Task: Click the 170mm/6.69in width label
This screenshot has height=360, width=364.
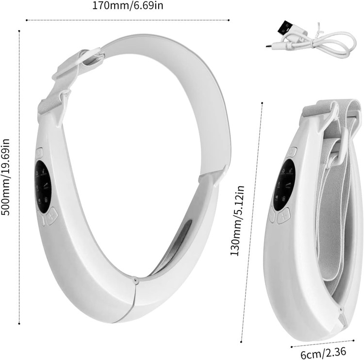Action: [x=128, y=5]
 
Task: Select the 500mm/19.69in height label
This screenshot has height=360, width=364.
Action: [x=5, y=177]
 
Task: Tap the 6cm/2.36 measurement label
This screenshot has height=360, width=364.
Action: [x=323, y=353]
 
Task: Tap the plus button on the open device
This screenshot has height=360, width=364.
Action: [x=52, y=216]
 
